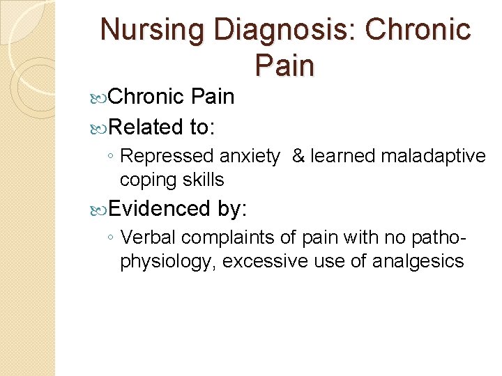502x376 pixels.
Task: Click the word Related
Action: (145, 127)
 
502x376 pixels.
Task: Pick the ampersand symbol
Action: (298, 157)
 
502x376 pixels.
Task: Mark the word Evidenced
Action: (160, 207)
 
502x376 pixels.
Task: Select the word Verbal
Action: (149, 237)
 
